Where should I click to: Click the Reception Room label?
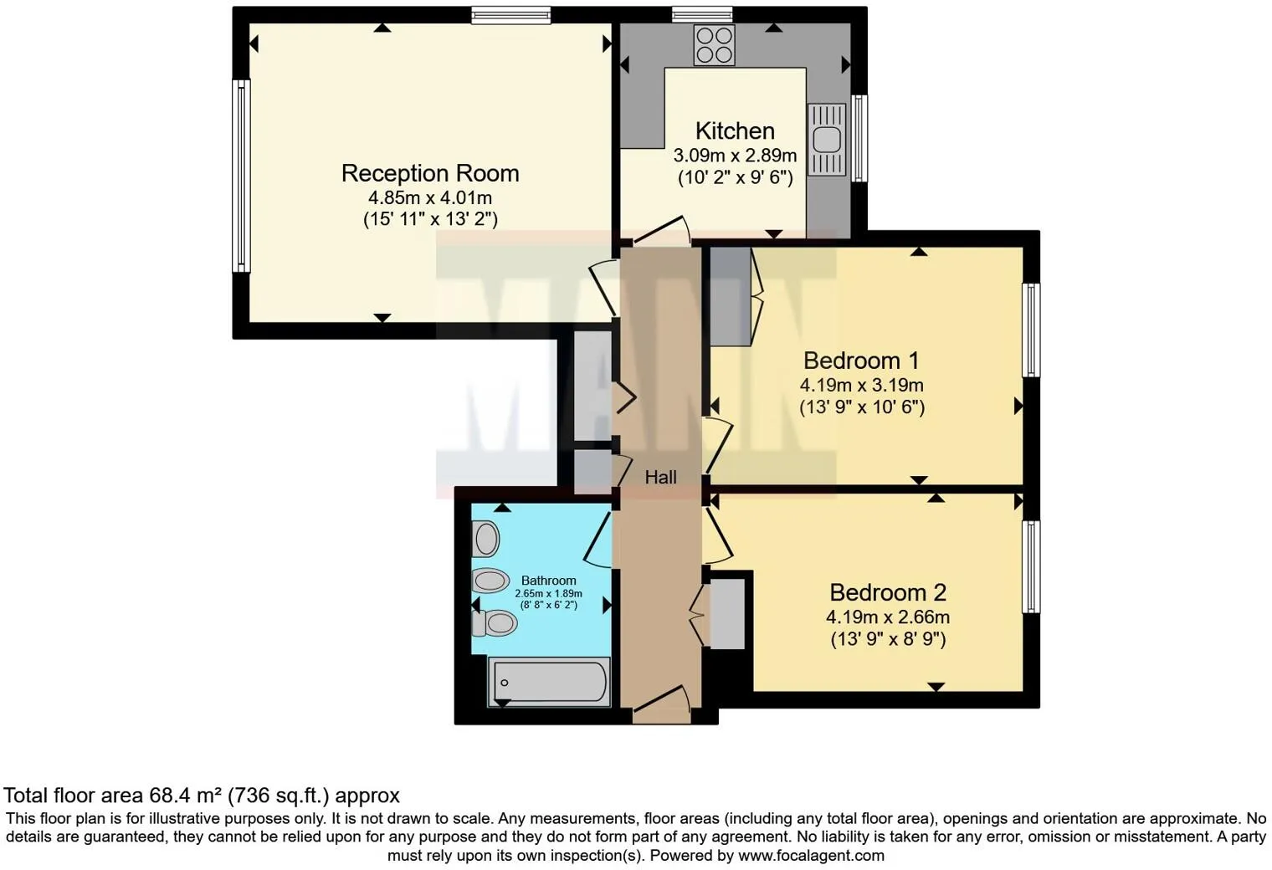[x=430, y=173]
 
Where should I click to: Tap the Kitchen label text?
[x=735, y=131]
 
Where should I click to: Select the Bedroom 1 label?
[x=860, y=361]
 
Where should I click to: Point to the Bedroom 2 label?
[x=887, y=592]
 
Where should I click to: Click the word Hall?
[x=660, y=478]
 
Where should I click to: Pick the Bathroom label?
[x=548, y=581]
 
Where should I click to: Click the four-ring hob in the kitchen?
[x=714, y=45]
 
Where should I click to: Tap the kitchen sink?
[x=827, y=139]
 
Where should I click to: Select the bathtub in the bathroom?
[x=549, y=682]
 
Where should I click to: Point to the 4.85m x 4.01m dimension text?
[x=430, y=198]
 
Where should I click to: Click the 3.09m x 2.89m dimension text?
[x=735, y=156]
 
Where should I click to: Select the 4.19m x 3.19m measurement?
[x=861, y=386]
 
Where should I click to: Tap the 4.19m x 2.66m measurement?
[x=887, y=617]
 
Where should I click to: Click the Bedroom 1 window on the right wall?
[x=1032, y=330]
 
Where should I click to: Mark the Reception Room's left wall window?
[x=241, y=176]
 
